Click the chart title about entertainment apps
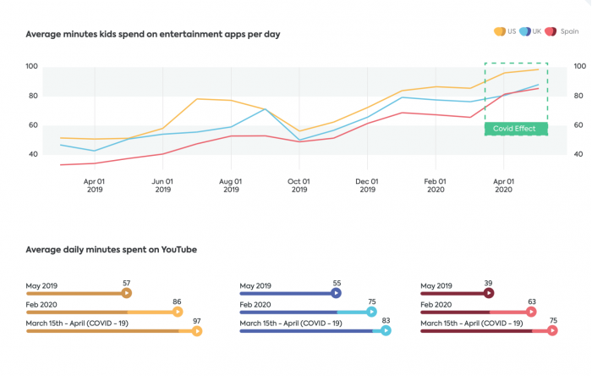[153, 35]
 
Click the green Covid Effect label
[516, 129]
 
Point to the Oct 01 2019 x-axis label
[299, 185]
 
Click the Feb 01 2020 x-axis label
[435, 185]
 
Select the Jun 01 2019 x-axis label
[162, 185]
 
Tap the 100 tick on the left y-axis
[31, 66]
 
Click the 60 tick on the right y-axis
[579, 124]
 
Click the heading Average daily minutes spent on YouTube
[112, 250]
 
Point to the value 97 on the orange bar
[196, 321]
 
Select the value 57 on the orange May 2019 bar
[126, 283]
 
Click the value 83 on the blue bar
[386, 321]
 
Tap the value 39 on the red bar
[488, 283]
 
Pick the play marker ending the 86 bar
[177, 312]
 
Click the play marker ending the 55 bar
[336, 293]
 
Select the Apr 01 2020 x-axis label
[503, 185]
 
